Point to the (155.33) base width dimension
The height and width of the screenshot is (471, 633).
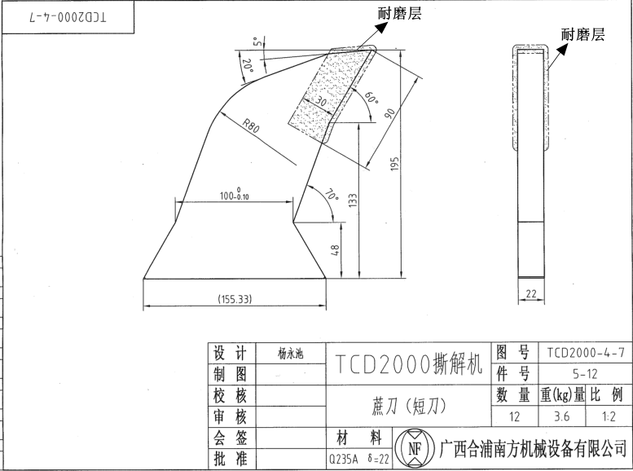coord(235,299)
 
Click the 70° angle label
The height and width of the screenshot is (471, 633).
coord(331,196)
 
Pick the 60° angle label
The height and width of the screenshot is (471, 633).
coord(371,99)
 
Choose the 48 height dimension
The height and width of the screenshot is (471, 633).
coord(335,251)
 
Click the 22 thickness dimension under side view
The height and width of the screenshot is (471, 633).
coord(532,293)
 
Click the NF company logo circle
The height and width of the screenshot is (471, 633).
coord(415,447)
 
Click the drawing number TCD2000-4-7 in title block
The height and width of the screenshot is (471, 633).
coord(586,353)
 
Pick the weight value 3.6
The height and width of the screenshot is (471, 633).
coord(562,416)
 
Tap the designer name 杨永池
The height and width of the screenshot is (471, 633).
coord(290,354)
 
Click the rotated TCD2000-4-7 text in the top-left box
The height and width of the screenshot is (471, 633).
coord(67,15)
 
